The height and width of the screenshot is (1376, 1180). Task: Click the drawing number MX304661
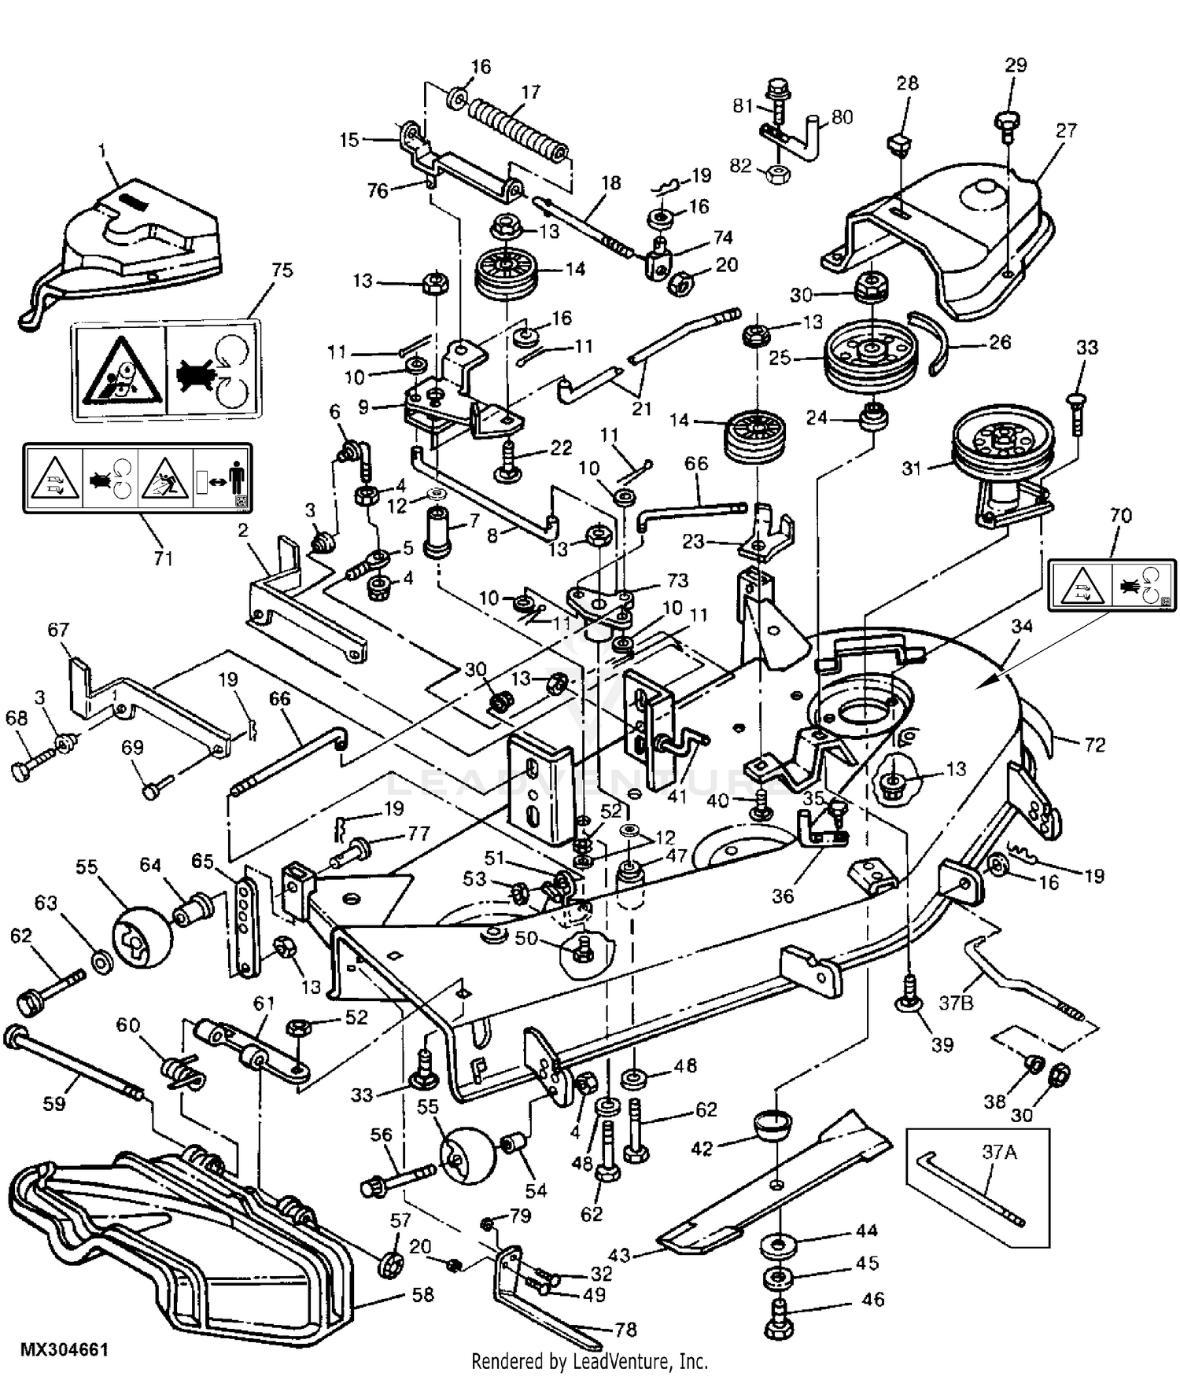point(64,1349)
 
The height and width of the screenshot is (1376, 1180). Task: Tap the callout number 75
point(282,270)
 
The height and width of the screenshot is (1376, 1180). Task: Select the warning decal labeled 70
point(1112,585)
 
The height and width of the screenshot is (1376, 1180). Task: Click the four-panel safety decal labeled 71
point(138,479)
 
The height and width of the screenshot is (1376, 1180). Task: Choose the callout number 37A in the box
point(1000,1153)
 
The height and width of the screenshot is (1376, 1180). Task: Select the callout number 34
point(1021,626)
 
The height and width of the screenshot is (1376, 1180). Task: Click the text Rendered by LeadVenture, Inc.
point(590,1361)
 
